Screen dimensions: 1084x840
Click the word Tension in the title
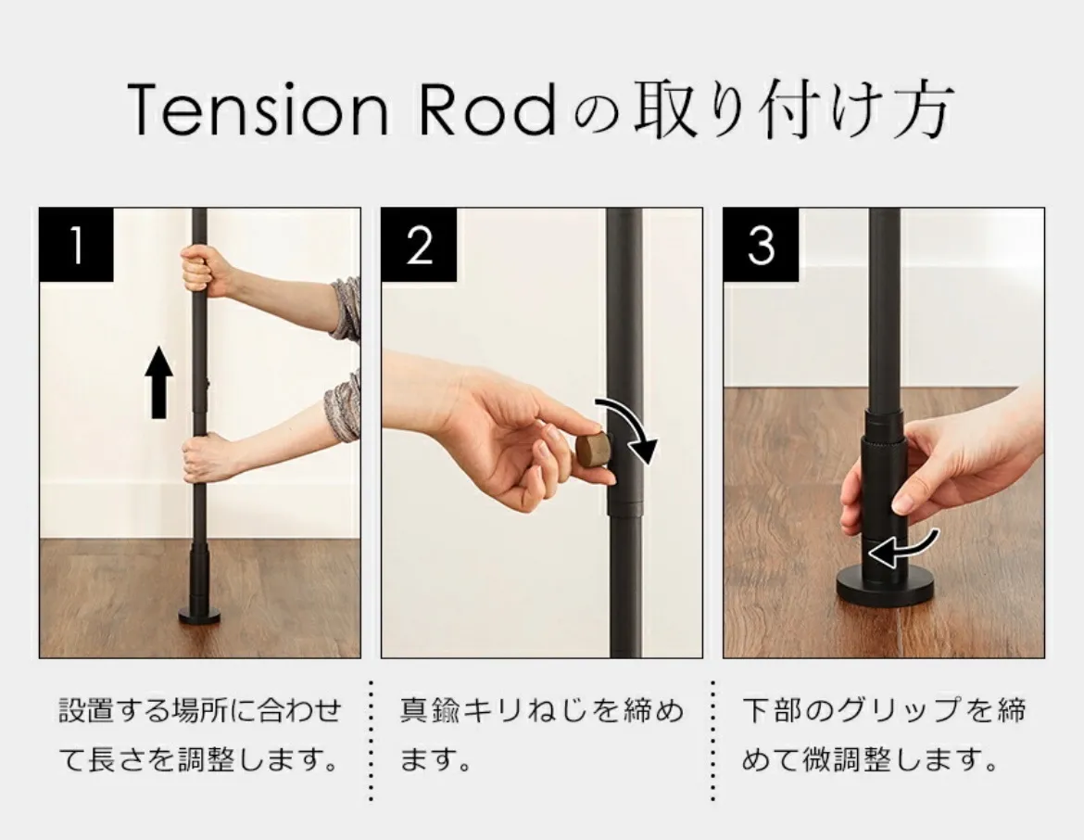pyautogui.click(x=258, y=108)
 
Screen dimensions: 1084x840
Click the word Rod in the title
pyautogui.click(x=486, y=108)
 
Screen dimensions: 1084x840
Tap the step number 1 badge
pyautogui.click(x=76, y=245)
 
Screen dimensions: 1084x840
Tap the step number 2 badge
pyautogui.click(x=418, y=245)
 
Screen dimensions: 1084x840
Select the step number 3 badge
pyautogui.click(x=761, y=245)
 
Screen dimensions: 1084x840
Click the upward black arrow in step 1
pyautogui.click(x=158, y=382)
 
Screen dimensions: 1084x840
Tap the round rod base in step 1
pyautogui.click(x=199, y=615)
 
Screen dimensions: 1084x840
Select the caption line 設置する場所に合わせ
pyautogui.click(x=200, y=710)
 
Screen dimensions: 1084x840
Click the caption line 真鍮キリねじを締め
pyautogui.click(x=542, y=710)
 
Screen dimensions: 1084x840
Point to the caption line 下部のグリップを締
pyautogui.click(x=884, y=710)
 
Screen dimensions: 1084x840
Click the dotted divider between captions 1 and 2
pyautogui.click(x=372, y=741)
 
